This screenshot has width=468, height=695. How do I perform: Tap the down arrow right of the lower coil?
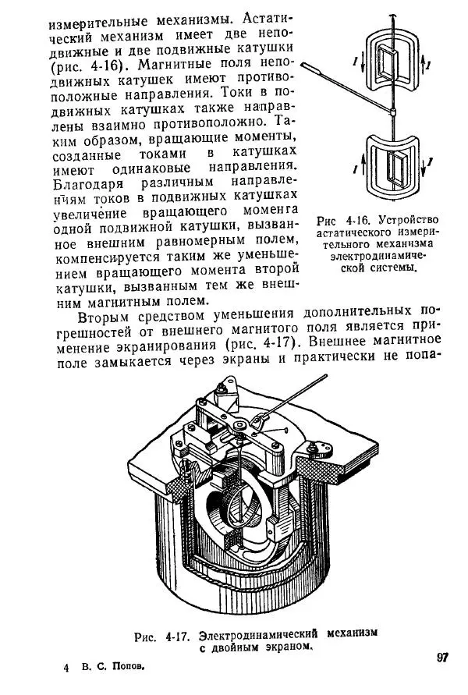[x=426, y=166]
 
